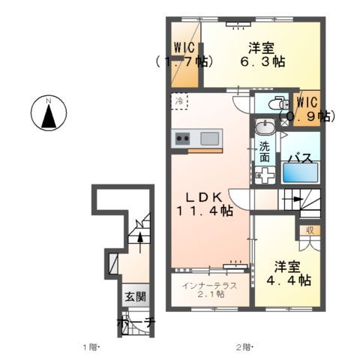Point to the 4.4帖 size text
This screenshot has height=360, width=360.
(289, 280)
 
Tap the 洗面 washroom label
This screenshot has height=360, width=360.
(265, 153)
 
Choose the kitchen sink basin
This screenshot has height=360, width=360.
(209, 138)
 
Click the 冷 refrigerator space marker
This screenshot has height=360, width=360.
(180, 99)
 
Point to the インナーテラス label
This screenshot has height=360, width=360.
(211, 284)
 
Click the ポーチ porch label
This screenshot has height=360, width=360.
(136, 323)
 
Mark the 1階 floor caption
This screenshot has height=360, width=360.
(91, 347)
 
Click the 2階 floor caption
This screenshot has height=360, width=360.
(243, 347)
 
